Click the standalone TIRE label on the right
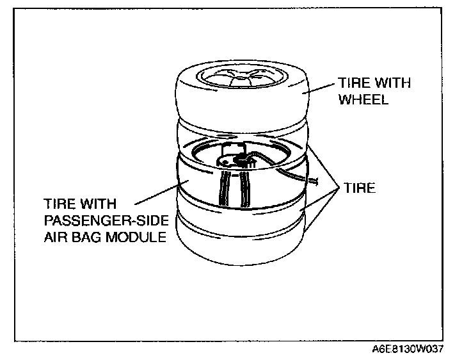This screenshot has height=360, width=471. point(358,190)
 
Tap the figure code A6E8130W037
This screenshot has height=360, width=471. point(408,350)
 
